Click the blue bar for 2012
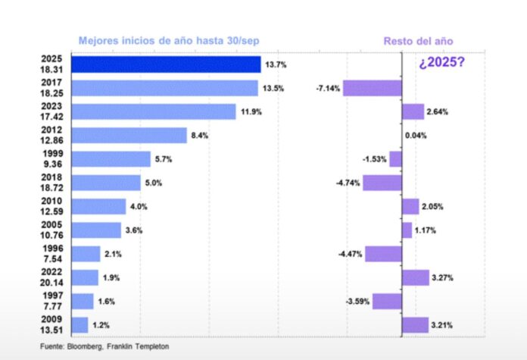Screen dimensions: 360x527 [x=129, y=136]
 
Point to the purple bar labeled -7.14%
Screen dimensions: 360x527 [x=372, y=89]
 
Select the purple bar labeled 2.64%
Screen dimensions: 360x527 [x=413, y=112]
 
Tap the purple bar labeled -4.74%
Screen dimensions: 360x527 [x=382, y=183]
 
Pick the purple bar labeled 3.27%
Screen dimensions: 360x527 [x=415, y=277]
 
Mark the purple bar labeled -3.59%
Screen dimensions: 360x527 [x=386, y=302]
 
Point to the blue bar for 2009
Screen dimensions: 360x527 [x=80, y=325]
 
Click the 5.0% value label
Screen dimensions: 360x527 [x=154, y=183]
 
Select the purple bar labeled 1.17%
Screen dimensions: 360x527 [x=407, y=230]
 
